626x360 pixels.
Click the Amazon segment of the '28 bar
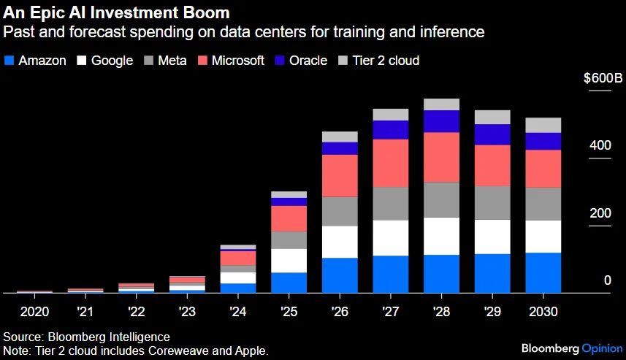pos(441,274)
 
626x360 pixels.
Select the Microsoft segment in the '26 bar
pos(340,175)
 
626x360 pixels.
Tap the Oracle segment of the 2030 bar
pos(543,141)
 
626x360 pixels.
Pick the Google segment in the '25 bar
pos(289,261)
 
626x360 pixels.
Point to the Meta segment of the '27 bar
pos(391,204)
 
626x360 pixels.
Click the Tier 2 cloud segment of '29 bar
pos(492,118)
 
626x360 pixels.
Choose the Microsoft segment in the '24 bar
pos(238,258)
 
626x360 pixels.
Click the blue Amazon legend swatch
pos(9,61)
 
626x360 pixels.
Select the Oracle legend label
pos(308,61)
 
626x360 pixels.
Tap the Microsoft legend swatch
pos(203,61)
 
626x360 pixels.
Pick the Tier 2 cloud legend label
pos(386,61)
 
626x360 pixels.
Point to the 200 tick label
pos(600,213)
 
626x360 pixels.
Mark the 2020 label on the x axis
pos(35,311)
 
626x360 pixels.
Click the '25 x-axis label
pos(289,311)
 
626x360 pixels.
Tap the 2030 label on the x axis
pos(543,311)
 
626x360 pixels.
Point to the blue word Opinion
pos(603,349)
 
